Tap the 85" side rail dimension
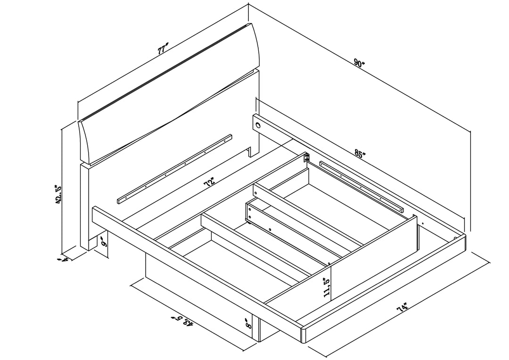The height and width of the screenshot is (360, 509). [360, 155]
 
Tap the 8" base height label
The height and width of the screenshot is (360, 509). [249, 323]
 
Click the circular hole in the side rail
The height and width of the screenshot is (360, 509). [259, 125]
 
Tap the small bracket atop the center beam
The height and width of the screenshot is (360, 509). [306, 158]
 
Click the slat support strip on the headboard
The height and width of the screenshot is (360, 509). [174, 169]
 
